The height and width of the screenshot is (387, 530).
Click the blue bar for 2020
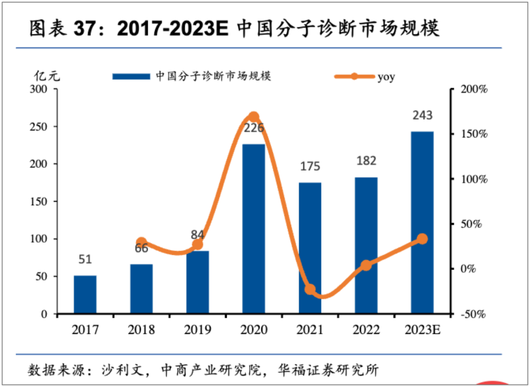254,228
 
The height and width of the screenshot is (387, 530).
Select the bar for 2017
85,294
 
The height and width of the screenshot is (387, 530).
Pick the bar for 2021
310,248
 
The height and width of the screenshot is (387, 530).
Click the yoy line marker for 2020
254,117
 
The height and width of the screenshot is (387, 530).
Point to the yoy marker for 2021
310,289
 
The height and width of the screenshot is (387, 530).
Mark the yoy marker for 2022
366,266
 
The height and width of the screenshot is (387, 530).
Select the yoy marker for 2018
141,243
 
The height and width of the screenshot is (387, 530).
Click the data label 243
423,115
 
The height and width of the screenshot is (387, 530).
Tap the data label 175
310,166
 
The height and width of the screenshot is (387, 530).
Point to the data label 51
85,259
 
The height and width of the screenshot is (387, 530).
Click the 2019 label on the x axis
198,330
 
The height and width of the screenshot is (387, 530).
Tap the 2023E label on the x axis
423,330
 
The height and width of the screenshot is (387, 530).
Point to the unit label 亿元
47,76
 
